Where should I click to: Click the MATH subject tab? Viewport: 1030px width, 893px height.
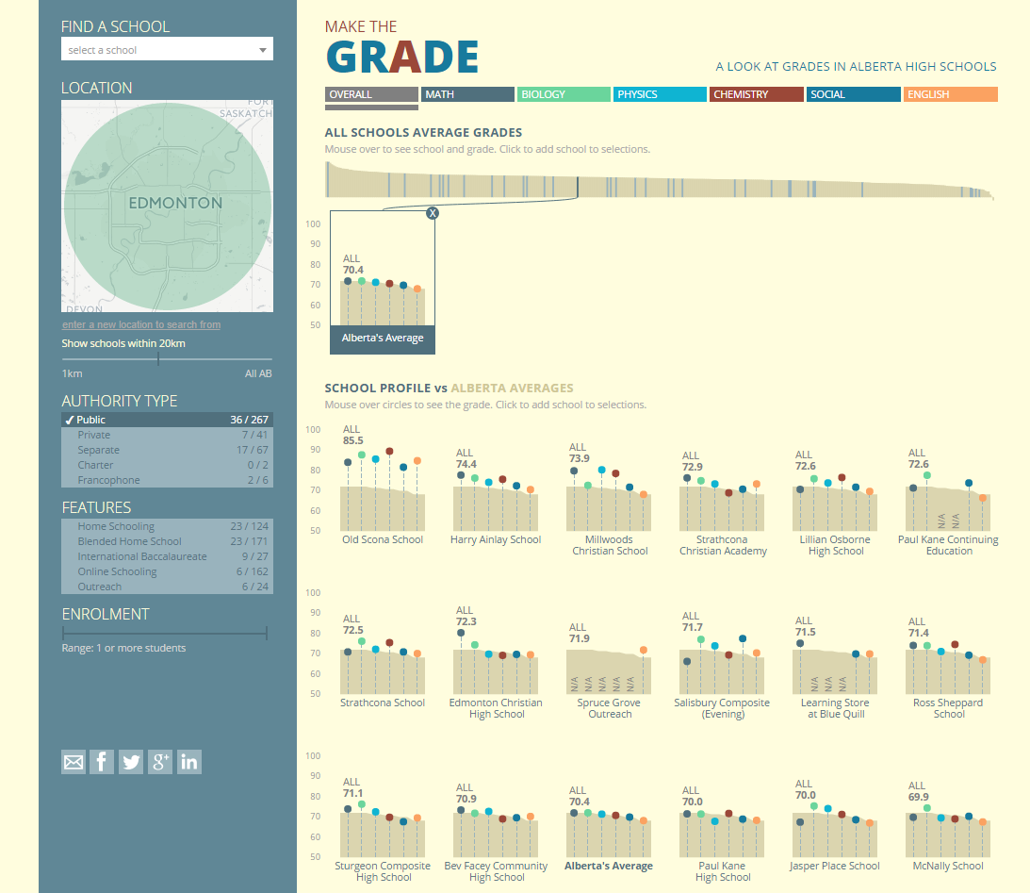pos(467,94)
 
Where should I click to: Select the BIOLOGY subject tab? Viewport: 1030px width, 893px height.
pos(564,94)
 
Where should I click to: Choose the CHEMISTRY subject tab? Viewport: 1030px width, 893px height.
pos(756,94)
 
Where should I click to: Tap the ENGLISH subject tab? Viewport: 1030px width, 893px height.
pos(950,94)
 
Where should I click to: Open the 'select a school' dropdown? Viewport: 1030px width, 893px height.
pos(167,50)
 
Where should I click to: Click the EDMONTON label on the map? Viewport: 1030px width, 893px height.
pos(175,203)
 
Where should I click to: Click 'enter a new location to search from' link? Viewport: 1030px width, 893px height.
pos(141,324)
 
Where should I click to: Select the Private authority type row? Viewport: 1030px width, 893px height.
pos(166,435)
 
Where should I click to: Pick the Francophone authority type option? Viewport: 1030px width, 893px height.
pos(166,480)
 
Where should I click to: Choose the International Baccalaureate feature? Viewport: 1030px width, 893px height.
pos(166,556)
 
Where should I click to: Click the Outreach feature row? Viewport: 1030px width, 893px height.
pos(166,587)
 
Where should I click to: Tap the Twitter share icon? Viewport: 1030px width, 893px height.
pos(131,762)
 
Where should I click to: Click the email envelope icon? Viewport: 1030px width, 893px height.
pos(73,762)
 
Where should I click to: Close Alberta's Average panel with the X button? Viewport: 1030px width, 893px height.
pos(433,213)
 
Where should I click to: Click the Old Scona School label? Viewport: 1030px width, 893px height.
pos(383,539)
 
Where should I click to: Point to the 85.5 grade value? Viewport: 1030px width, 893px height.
pos(353,440)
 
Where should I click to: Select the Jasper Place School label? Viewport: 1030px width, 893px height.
pos(835,866)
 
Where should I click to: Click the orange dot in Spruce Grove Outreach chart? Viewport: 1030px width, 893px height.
pos(644,650)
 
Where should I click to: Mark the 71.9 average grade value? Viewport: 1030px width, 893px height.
pos(579,638)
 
